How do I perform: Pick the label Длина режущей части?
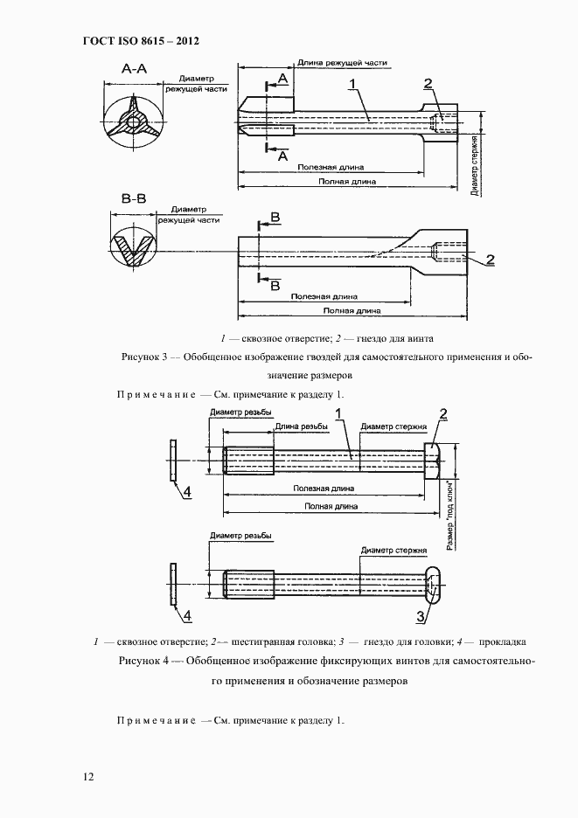[x=342, y=63]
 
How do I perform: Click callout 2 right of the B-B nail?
[x=490, y=259]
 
